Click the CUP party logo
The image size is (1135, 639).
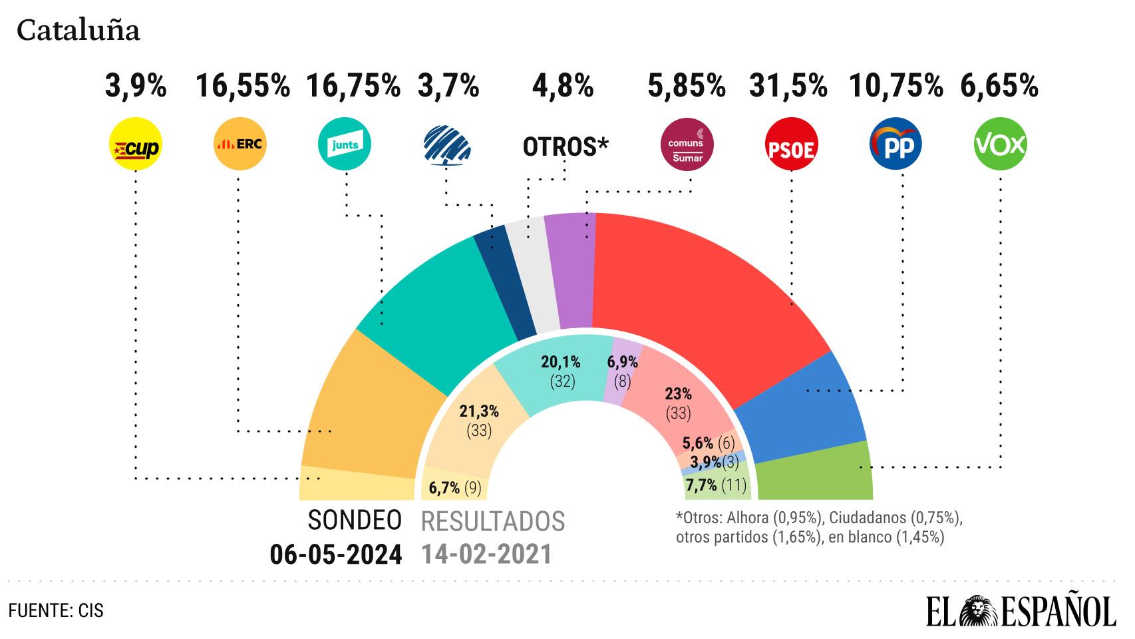pos(135,144)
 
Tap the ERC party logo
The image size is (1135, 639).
pos(240,144)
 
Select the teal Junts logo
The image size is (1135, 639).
pos(345,144)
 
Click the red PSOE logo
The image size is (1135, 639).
pos(792,144)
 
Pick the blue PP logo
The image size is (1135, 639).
pos(896,144)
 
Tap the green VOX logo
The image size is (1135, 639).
pos(1000,144)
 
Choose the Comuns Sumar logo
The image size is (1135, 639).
pos(687,144)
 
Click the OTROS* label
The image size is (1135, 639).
pos(566,147)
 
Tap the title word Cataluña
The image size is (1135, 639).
pos(78,31)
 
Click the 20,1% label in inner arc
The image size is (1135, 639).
pos(560,362)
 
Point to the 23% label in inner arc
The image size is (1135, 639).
pos(679,394)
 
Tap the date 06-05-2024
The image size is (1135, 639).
pos(335,554)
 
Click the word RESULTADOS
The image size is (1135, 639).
pos(493,521)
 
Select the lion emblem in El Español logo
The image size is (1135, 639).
pos(979,610)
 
